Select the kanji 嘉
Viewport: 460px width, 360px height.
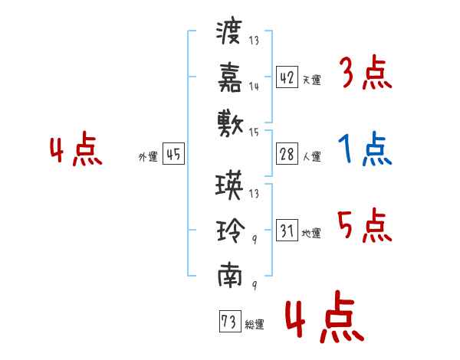[230, 77]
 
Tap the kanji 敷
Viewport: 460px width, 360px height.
[230, 123]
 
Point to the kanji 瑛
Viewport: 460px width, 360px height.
[229, 185]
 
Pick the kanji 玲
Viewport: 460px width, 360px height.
[231, 231]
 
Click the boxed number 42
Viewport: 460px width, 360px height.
[287, 77]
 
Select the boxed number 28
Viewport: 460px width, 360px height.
[287, 154]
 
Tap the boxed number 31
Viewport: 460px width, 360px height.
[287, 230]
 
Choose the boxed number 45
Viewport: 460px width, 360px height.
[173, 154]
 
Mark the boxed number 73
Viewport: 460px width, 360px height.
[230, 321]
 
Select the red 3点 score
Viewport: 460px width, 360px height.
[366, 72]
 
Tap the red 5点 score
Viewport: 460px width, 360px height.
[365, 225]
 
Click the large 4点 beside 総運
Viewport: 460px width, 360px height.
[324, 316]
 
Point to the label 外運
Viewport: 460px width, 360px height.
[148, 156]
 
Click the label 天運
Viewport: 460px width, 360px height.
[312, 80]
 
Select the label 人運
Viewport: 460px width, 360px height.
[312, 156]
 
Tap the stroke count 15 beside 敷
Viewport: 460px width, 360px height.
[254, 133]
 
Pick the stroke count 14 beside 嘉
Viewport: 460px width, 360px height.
[254, 87]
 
